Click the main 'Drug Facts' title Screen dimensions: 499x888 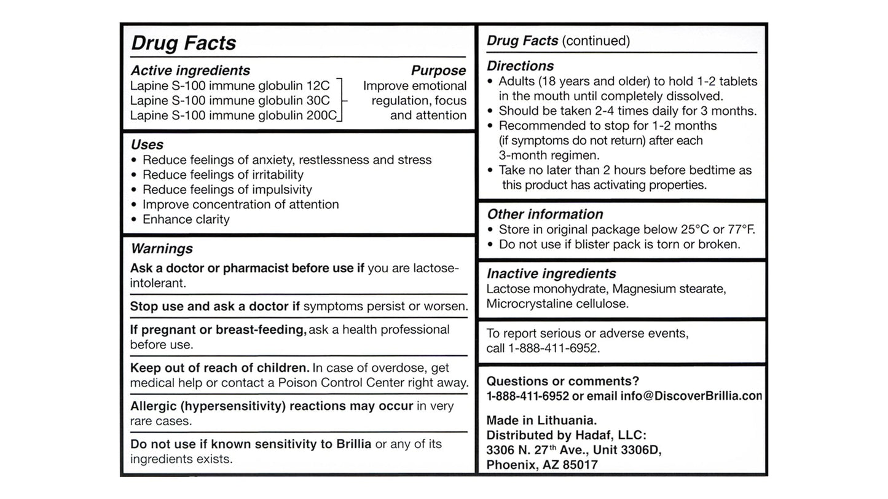(x=183, y=43)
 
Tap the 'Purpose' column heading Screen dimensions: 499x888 (x=438, y=71)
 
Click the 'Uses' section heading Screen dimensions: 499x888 (x=147, y=145)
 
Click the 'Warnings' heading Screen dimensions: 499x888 (x=162, y=249)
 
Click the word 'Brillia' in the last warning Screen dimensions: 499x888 (x=353, y=444)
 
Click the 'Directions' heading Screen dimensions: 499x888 (x=520, y=66)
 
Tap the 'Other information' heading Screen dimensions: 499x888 (x=544, y=214)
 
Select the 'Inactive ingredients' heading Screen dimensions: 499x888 (x=551, y=273)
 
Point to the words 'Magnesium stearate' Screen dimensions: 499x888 (x=669, y=289)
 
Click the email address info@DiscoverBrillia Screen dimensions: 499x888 (x=691, y=396)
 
